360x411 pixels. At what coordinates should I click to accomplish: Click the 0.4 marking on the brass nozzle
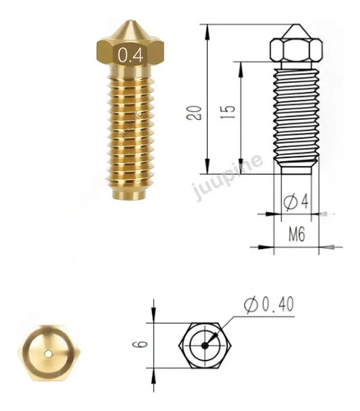pyautogui.click(x=129, y=56)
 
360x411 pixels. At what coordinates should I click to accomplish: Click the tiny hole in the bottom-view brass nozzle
pyautogui.click(x=48, y=354)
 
